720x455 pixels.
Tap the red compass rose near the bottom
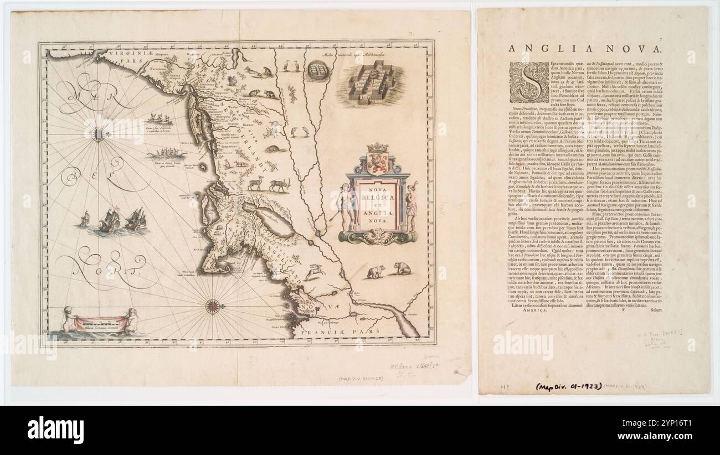coord(213,306)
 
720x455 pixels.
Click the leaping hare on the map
coord(316,270)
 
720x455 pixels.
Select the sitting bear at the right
coord(403,269)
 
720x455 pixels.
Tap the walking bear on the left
coord(377,271)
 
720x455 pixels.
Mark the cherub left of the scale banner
coord(69,320)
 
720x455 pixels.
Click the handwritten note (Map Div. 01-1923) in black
coord(567,386)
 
